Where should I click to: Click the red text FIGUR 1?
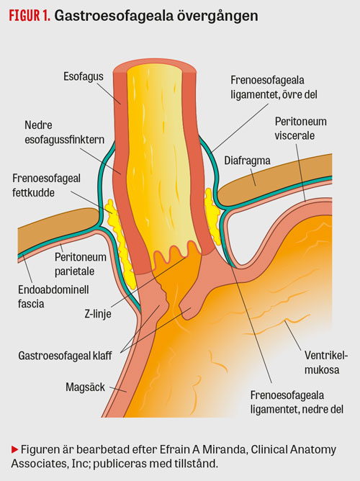click(30, 16)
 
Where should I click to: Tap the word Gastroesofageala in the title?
click(114, 16)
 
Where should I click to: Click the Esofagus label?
click(84, 76)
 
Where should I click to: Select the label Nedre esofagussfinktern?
click(64, 132)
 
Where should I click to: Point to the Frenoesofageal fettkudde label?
click(46, 185)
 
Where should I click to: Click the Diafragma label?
click(247, 161)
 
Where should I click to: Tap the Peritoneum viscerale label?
click(300, 128)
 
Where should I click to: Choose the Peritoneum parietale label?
click(81, 264)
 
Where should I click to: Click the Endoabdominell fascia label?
click(53, 297)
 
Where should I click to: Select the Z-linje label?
click(98, 314)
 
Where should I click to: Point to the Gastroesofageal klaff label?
click(65, 356)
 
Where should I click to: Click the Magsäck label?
click(85, 387)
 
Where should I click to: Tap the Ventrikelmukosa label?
click(326, 363)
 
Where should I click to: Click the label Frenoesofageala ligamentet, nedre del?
click(297, 403)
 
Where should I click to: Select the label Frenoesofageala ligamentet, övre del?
click(274, 87)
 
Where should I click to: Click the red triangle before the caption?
click(14, 450)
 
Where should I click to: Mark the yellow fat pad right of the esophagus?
click(212, 216)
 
